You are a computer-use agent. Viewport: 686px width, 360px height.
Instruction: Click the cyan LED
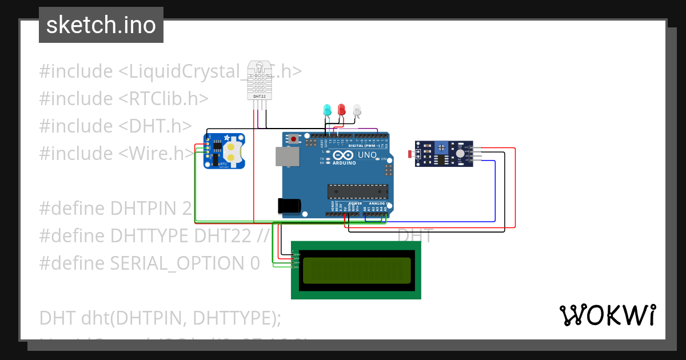click(327, 110)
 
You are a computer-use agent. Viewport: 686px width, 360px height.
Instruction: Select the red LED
click(342, 109)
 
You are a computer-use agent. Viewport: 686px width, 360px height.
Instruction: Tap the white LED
click(357, 109)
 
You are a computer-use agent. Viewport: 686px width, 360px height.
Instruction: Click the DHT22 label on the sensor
click(259, 97)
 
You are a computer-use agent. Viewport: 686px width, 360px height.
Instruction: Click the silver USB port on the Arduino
click(287, 157)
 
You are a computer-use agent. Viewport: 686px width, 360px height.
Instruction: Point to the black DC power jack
click(289, 206)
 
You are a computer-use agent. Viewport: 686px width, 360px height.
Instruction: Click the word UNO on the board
click(366, 155)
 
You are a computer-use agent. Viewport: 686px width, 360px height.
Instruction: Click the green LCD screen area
click(357, 270)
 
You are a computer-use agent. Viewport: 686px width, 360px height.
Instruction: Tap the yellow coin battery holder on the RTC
click(230, 151)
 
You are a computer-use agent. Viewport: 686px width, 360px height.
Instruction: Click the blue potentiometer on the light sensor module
click(441, 149)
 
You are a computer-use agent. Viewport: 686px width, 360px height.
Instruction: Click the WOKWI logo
click(607, 315)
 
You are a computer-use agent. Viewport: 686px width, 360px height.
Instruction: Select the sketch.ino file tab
click(101, 25)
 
